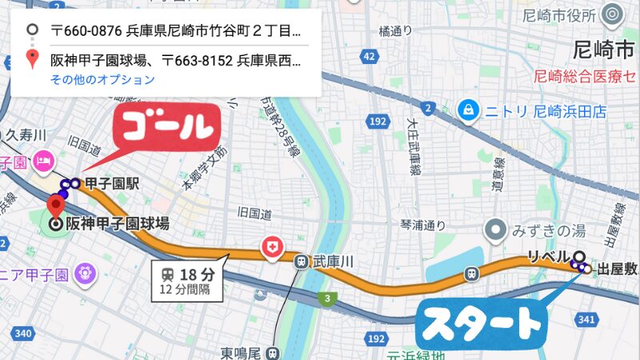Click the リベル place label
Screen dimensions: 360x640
coord(547,257)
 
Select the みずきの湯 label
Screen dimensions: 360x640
coord(550,231)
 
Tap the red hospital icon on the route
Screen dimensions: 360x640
coord(273,249)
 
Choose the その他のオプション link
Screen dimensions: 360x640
coord(102,79)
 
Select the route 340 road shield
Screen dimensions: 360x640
coord(21,333)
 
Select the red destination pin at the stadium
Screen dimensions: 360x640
coord(57,204)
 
